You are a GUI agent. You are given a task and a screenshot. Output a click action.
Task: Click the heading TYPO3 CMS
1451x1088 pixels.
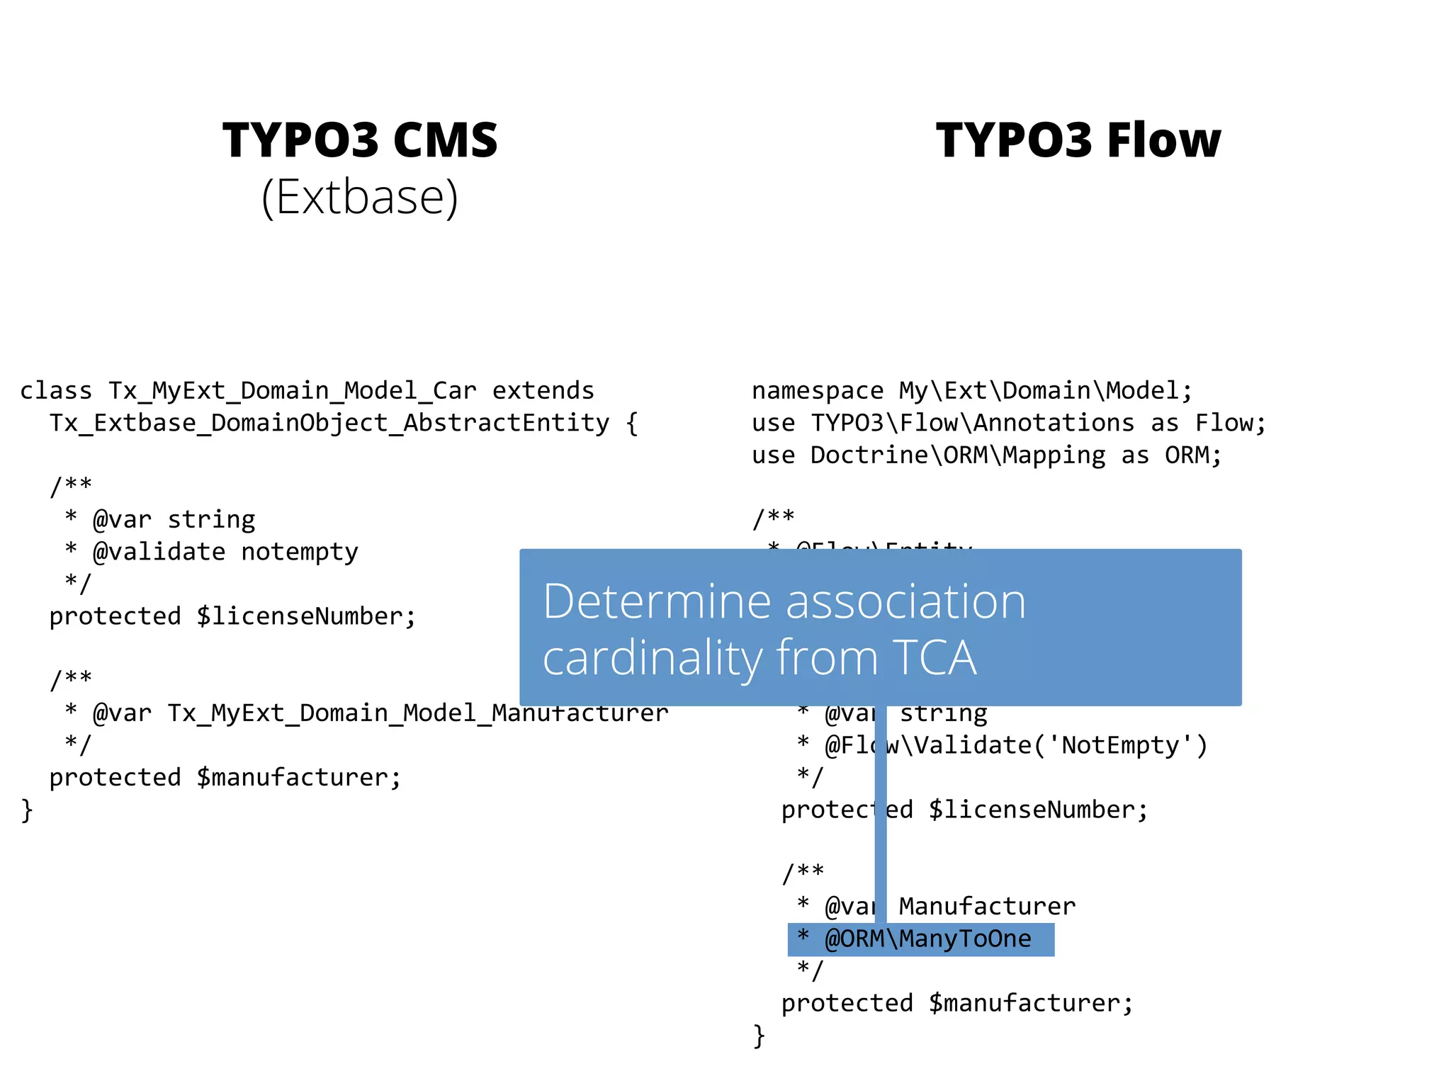(360, 140)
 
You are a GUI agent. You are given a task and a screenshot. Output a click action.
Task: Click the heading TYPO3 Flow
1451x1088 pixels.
(1078, 140)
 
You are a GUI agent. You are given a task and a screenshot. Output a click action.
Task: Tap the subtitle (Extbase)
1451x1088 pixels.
(360, 197)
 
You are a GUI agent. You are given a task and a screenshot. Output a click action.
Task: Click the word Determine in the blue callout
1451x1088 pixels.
(655, 601)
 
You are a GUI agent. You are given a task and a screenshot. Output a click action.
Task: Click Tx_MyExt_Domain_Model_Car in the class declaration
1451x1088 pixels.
(292, 391)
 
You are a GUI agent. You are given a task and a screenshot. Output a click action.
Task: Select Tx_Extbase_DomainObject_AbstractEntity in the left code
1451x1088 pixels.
(329, 424)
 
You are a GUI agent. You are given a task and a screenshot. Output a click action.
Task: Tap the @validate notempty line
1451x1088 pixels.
(225, 552)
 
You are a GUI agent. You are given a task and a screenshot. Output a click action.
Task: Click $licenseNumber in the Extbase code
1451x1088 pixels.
(306, 616)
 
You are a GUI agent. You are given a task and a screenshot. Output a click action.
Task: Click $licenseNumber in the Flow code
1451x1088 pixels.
(1038, 810)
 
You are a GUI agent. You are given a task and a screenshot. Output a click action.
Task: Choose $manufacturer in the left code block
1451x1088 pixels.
(299, 778)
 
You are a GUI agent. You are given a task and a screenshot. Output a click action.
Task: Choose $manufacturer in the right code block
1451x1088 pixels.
(1031, 1003)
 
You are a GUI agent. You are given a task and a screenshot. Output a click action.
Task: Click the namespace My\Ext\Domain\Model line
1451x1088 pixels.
(972, 391)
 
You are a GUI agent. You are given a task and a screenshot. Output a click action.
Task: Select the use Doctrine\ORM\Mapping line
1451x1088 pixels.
(987, 455)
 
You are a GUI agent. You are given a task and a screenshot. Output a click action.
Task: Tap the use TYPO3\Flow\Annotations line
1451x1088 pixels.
(1008, 424)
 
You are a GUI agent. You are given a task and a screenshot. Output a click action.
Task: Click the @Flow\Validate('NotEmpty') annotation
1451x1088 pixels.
(1016, 745)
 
